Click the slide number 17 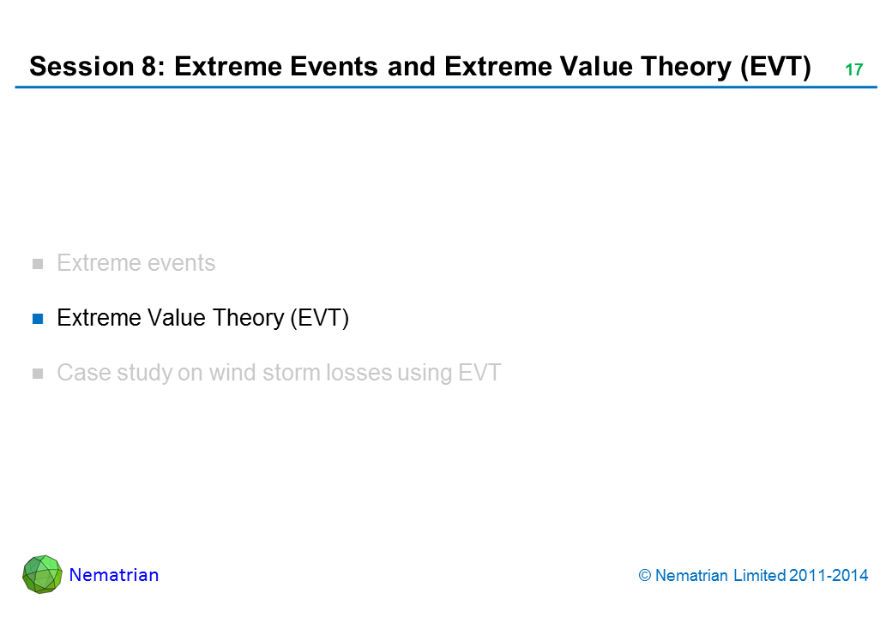click(854, 70)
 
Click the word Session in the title click(81, 67)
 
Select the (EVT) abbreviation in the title click(775, 67)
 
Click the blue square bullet click(38, 319)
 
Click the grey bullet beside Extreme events click(38, 264)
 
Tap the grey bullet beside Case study click(38, 374)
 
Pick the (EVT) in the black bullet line click(319, 318)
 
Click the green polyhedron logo click(42, 574)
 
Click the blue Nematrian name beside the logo click(114, 575)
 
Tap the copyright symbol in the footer click(644, 576)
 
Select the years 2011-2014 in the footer click(829, 576)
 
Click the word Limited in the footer click(759, 576)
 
